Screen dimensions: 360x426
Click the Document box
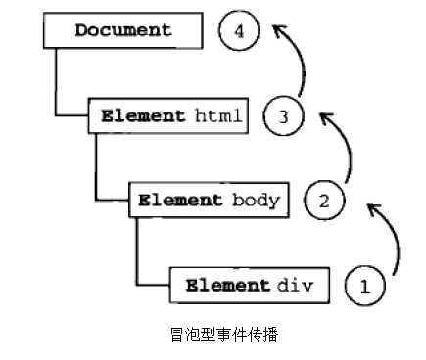pos(122,30)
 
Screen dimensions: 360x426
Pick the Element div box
pos(249,286)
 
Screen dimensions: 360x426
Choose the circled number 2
pos(324,202)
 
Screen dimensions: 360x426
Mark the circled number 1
pos(365,287)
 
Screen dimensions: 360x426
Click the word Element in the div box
pos(227,286)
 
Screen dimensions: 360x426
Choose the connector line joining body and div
pos(137,254)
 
